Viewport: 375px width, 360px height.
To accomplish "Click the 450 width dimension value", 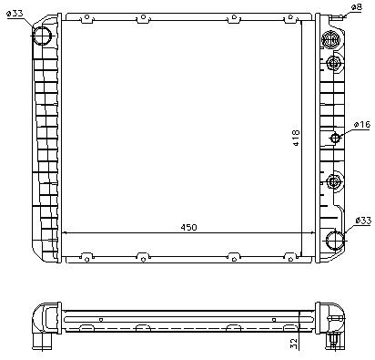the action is pos(188,227).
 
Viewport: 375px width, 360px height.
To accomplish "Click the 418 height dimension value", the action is pos(296,138).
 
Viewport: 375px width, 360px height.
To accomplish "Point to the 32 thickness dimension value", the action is pos(294,344).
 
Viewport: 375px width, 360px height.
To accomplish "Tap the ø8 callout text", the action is pos(357,6).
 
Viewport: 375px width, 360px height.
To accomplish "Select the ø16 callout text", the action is pos(362,124).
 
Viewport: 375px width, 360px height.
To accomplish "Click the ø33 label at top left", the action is pos(15,14).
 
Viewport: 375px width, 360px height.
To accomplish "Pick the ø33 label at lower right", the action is pos(363,220).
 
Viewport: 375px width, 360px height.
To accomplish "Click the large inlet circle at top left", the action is pos(42,36).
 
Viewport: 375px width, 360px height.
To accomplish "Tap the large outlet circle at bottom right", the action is pos(335,240).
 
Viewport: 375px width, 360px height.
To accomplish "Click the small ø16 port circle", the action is pos(335,139).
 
